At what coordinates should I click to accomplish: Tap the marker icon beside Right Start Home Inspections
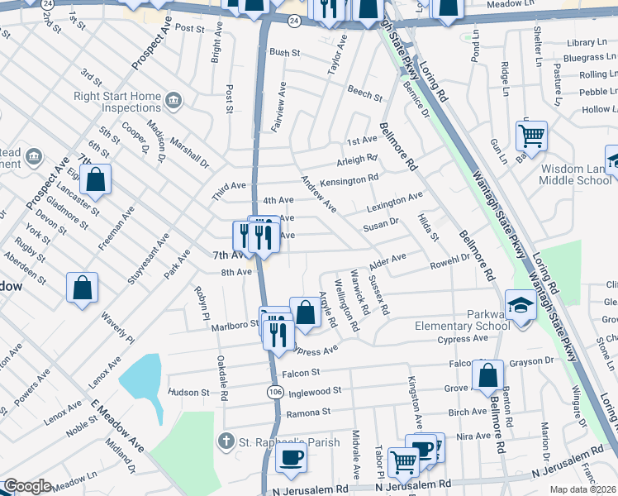174,101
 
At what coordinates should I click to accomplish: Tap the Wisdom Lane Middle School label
576,174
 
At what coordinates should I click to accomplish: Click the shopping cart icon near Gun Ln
531,134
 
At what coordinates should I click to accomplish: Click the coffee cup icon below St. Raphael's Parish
291,458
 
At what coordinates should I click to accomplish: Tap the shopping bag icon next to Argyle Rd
305,312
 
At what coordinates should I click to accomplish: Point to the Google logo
27,486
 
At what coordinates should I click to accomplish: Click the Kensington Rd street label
349,178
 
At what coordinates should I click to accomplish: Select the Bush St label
284,52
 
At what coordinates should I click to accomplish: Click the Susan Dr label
381,222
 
